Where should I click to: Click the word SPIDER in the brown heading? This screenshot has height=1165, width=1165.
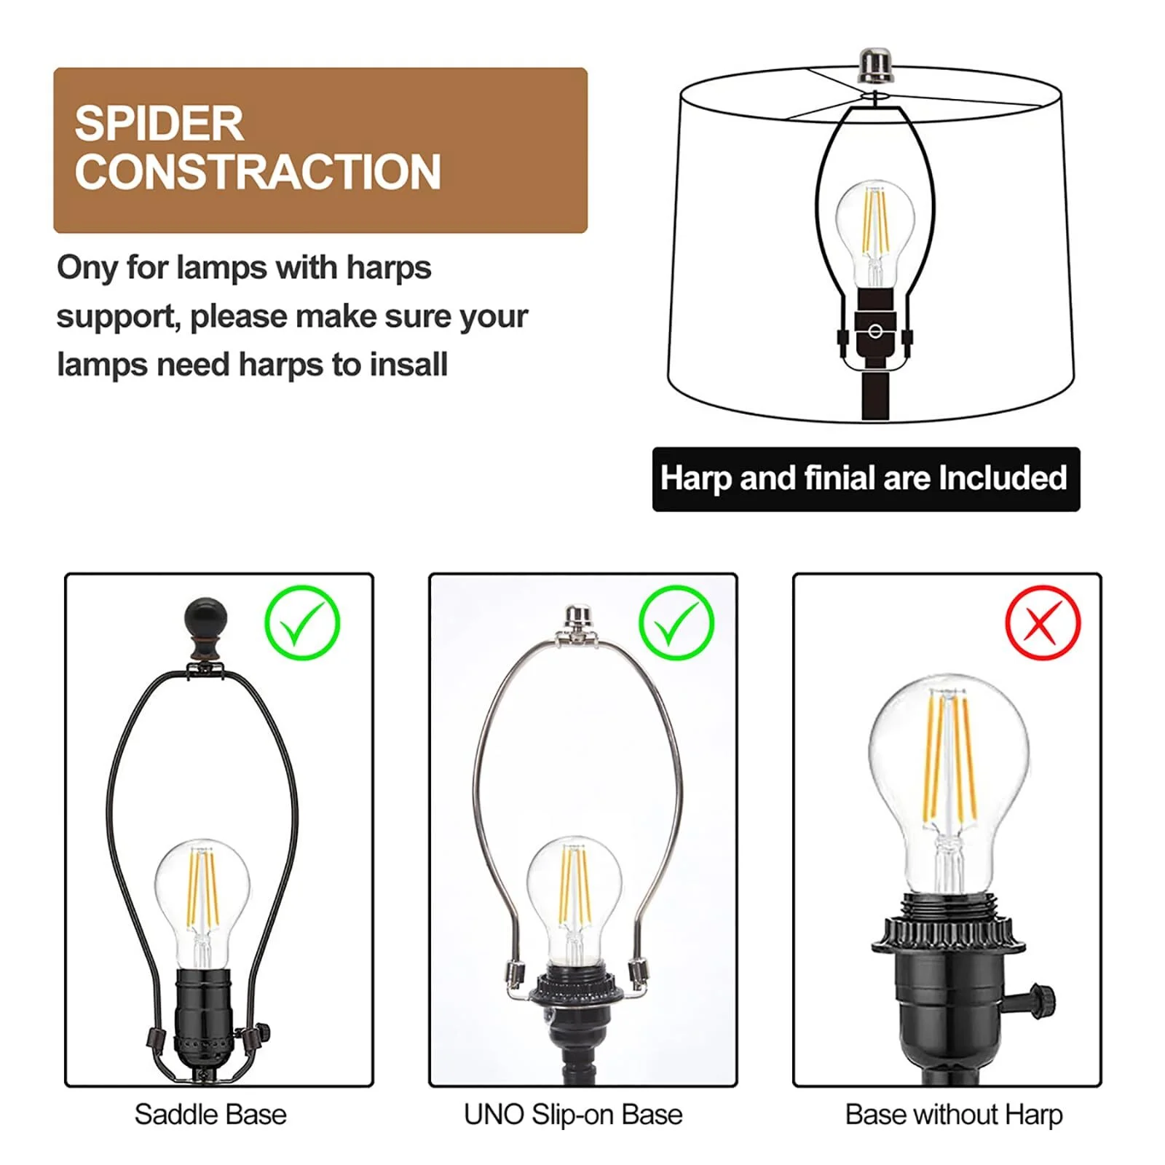(x=159, y=124)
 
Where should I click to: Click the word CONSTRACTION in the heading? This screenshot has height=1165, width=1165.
(x=258, y=173)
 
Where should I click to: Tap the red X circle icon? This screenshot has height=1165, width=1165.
(x=1042, y=623)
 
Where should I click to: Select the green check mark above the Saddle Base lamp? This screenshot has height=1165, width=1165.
(x=302, y=623)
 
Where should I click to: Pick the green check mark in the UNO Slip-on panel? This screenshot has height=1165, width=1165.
(x=676, y=623)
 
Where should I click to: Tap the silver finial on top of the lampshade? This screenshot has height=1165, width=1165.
(x=874, y=65)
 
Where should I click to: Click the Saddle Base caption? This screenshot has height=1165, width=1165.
(x=210, y=1115)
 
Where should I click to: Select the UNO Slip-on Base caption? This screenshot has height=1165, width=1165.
(x=573, y=1115)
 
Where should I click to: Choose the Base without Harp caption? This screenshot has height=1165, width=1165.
(x=954, y=1115)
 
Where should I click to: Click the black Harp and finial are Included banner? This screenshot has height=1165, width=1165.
(x=865, y=479)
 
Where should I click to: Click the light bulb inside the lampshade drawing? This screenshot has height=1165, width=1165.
(x=874, y=226)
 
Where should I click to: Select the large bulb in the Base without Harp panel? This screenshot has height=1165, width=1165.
(x=949, y=772)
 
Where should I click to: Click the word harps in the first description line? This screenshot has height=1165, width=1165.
(x=389, y=268)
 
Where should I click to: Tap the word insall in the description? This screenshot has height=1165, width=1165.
(x=408, y=366)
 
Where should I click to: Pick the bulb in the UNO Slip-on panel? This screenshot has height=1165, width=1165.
(x=574, y=896)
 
